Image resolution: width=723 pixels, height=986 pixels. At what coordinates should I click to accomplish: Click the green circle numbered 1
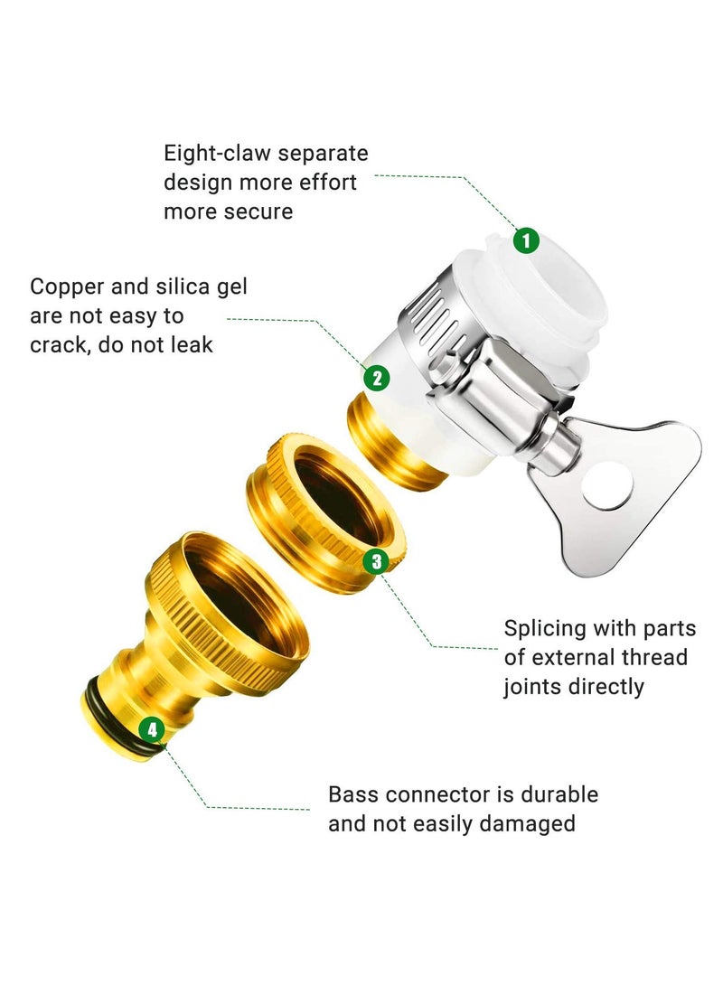526,240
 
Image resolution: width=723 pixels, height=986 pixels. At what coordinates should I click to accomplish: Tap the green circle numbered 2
377,378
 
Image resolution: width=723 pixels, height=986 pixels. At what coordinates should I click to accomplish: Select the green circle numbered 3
376,561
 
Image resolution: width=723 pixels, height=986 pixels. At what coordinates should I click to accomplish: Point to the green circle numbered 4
151,730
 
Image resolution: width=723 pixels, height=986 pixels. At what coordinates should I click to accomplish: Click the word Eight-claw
217,153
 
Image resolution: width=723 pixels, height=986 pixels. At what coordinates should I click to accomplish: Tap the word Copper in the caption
67,286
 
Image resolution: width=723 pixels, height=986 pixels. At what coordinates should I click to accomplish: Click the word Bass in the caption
353,794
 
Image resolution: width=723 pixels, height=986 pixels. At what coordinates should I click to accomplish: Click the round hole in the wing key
606,485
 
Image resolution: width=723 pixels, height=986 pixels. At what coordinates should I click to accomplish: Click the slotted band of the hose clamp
434,311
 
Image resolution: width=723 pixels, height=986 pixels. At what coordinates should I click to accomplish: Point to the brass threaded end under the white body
390,440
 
